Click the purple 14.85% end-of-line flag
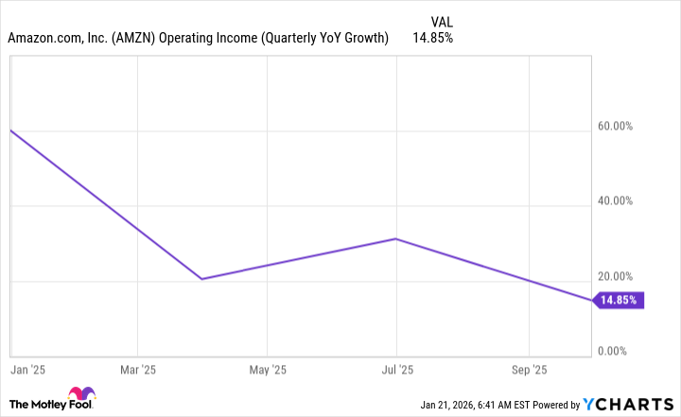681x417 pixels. click(619, 301)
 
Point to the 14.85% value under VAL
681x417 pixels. click(432, 39)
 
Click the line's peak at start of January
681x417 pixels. click(10, 130)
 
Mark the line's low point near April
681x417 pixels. click(201, 279)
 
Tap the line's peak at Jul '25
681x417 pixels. click(396, 238)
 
